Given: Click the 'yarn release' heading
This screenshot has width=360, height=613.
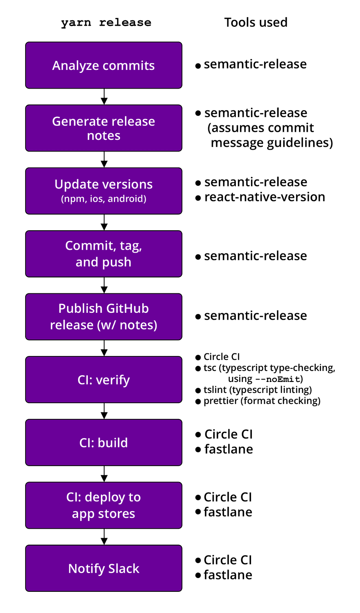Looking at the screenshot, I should [106, 22].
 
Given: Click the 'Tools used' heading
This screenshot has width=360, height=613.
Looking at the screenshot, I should [256, 22].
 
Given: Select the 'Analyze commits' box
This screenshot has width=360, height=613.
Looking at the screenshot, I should [104, 65].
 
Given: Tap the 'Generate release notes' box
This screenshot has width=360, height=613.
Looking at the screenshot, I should [104, 128].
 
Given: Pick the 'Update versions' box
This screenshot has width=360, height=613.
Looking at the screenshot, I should [104, 191].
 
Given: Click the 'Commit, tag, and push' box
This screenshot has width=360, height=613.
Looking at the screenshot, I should [104, 254].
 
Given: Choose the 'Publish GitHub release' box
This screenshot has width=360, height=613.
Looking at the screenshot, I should [104, 316].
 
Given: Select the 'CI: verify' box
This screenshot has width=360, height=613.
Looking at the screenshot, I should [104, 380].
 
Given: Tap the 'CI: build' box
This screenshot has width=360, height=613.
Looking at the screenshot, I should [104, 443].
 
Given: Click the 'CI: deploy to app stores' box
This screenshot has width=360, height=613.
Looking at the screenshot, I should [104, 505].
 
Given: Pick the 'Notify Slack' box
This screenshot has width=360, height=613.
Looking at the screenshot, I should [104, 568].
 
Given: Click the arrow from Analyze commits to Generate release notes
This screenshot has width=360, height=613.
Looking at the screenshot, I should [104, 97].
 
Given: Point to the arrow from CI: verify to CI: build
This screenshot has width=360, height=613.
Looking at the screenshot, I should [104, 411].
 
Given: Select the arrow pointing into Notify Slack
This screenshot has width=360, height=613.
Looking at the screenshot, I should [104, 537].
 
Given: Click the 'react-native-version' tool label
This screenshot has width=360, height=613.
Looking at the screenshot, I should [264, 197].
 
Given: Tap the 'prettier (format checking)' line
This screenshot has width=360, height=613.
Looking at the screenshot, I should [262, 401].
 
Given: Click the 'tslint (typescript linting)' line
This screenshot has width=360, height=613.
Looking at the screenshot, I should [257, 390].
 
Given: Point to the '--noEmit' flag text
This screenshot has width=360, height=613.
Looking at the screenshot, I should [278, 379].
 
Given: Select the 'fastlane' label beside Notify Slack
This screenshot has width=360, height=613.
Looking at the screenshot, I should [228, 575].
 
